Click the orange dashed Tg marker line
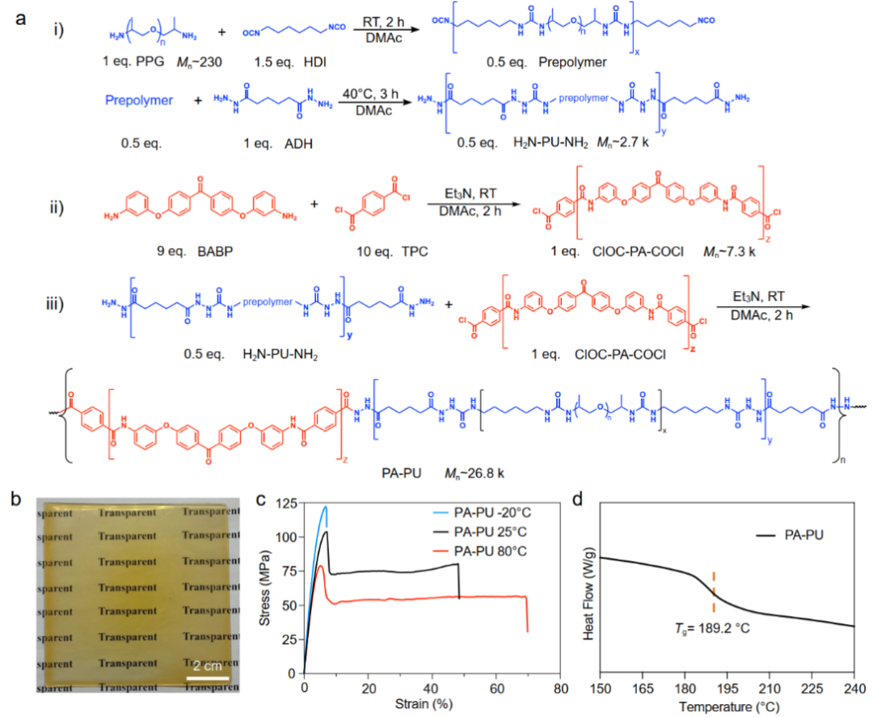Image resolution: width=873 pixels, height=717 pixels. [714, 593]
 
